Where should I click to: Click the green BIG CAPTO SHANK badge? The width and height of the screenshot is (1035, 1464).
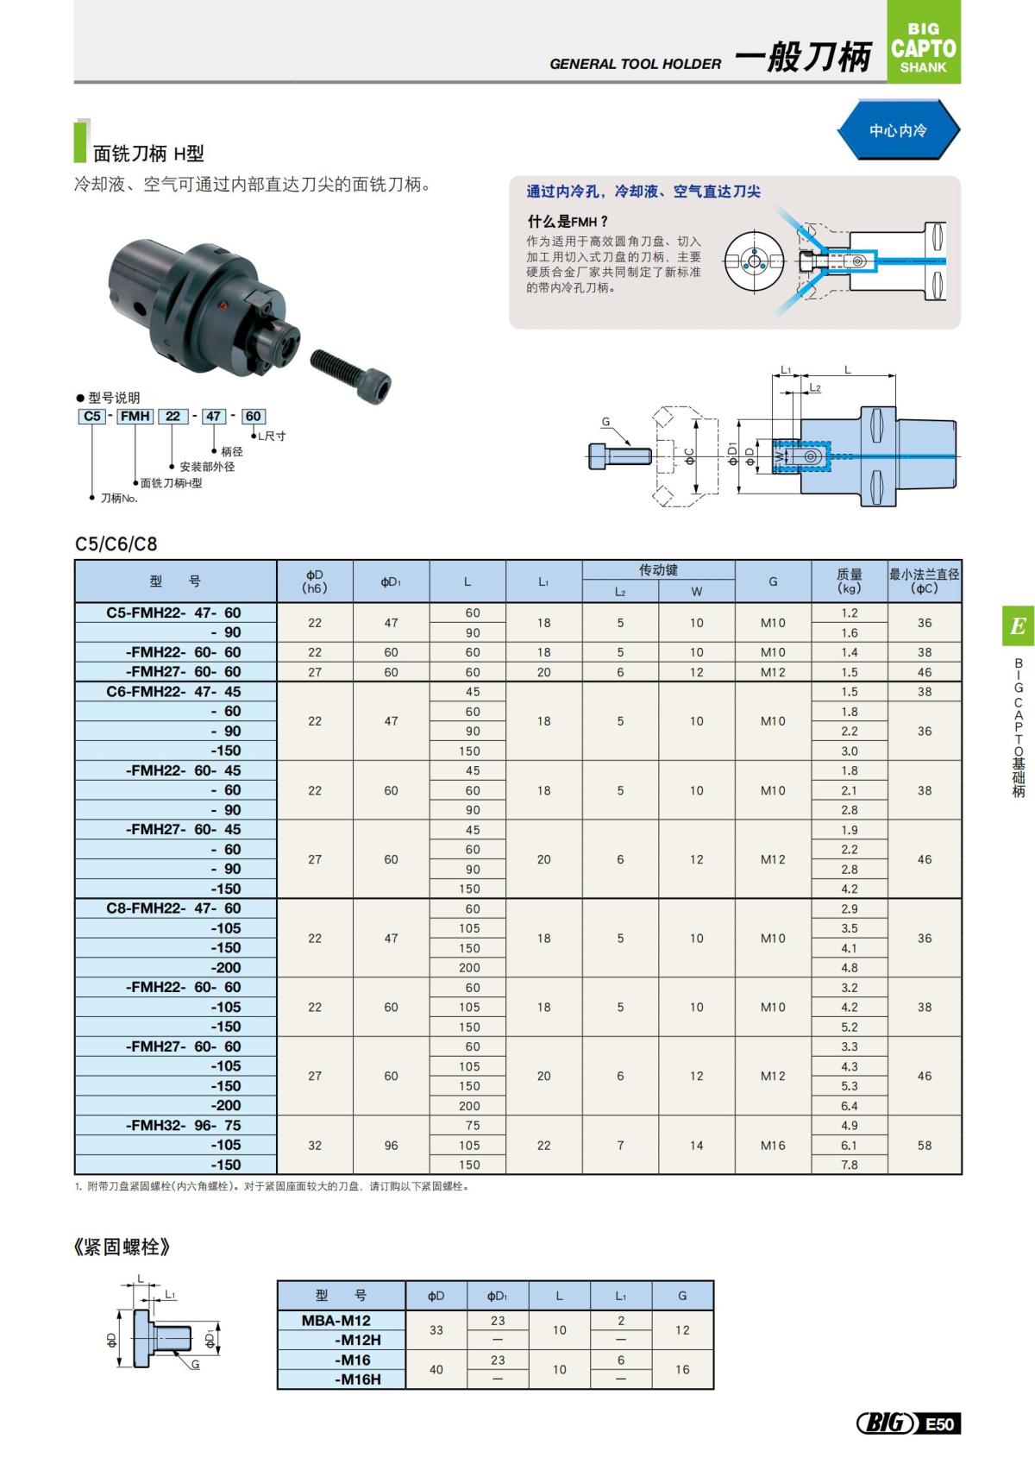point(923,43)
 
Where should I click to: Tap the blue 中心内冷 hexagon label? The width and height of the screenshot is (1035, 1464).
point(898,130)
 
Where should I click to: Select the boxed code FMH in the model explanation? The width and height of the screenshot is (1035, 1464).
point(135,416)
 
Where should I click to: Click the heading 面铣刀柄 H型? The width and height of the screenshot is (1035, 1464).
point(148,154)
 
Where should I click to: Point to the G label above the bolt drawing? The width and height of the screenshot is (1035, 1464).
point(605,422)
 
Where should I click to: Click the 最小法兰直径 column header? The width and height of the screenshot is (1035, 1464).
point(924,581)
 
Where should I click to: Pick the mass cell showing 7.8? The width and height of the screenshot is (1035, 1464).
point(849,1165)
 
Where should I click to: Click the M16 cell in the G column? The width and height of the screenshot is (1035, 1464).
point(773,1145)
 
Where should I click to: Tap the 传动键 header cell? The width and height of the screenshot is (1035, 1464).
point(658,570)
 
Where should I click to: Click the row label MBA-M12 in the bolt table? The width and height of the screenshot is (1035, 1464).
point(336,1320)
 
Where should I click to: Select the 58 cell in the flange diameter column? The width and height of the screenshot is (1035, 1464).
point(924,1145)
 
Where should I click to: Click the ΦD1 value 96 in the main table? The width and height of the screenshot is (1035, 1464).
point(391,1145)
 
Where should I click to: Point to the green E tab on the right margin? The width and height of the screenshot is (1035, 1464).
point(1018,625)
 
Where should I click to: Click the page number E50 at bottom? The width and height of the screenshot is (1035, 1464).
point(939,1423)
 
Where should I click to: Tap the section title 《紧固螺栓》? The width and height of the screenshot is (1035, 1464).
point(122,1247)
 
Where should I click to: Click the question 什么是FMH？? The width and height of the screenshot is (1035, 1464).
point(568,221)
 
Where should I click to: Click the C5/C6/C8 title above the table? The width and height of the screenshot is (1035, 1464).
point(116,544)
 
